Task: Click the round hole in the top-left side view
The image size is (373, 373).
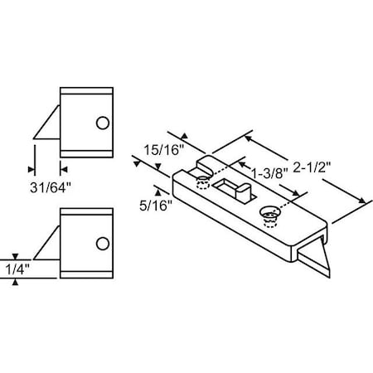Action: [x=103, y=123]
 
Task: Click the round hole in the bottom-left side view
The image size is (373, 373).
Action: [x=103, y=244]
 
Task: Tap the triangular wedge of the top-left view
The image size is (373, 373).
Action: [x=47, y=123]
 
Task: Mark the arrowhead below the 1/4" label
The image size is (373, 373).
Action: [x=14, y=283]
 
